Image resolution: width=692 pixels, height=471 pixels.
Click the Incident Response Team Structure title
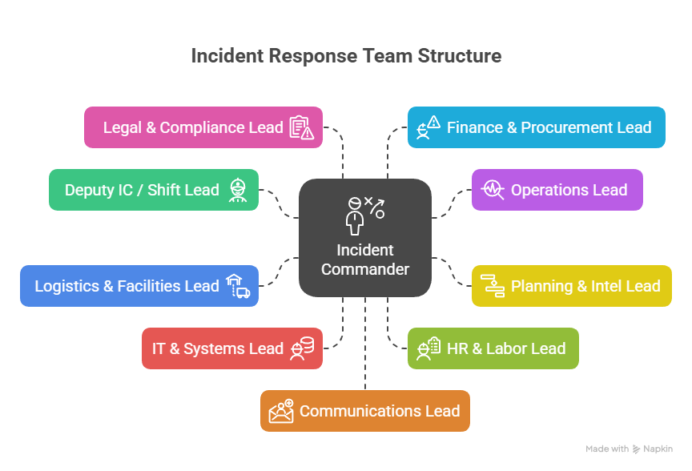[x=346, y=56]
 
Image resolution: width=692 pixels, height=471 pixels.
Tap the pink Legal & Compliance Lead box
[x=203, y=127]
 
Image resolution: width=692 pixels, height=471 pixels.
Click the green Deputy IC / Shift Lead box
[x=154, y=190]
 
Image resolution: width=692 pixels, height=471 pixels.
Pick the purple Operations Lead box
[x=557, y=190]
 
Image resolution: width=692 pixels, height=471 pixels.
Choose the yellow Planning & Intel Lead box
[x=571, y=286]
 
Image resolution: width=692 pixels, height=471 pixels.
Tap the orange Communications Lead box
[x=365, y=411]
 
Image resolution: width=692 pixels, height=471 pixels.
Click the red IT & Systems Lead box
[x=232, y=348]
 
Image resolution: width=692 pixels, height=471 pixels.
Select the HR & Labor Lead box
[x=493, y=348]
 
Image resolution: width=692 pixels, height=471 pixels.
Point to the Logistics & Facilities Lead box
[x=139, y=286]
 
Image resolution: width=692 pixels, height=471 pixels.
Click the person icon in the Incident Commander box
[x=355, y=214]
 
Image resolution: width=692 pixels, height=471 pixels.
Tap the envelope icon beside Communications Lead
[x=282, y=411]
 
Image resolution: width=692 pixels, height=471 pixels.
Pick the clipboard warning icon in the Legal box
[x=301, y=127]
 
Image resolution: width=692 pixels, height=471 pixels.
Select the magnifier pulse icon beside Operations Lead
[x=492, y=190]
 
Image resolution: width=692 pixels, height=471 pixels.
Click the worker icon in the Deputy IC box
[x=237, y=190]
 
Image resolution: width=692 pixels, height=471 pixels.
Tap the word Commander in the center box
[x=365, y=269]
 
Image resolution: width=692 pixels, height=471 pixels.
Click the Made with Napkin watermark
[x=629, y=449]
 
